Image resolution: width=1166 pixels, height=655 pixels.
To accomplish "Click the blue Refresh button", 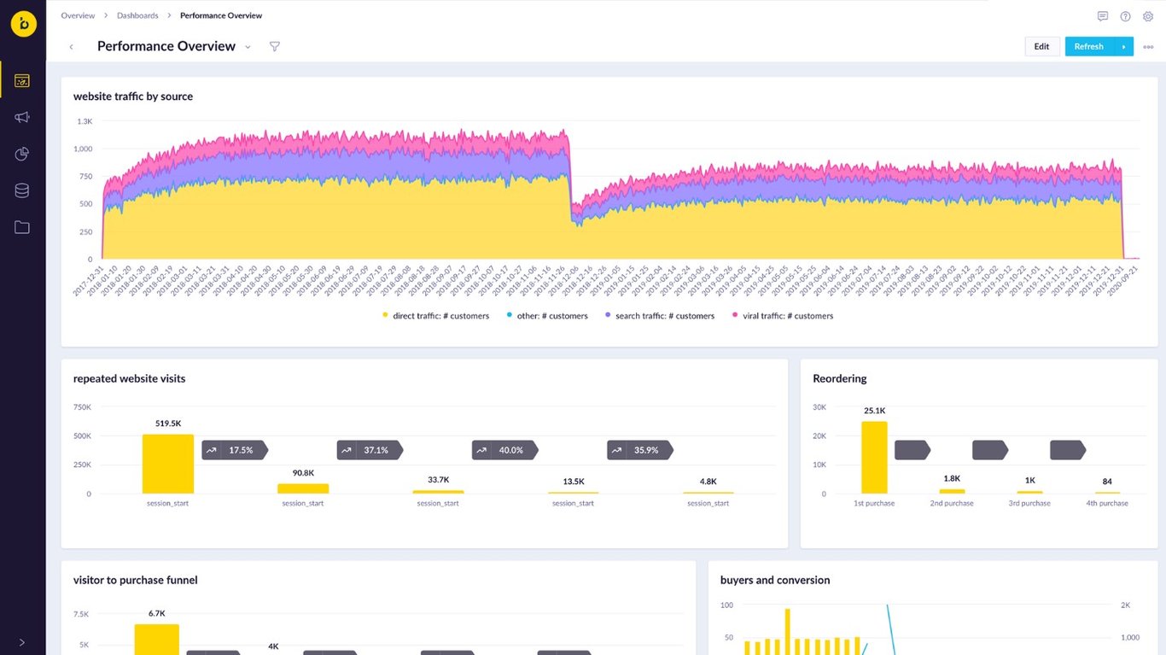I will (1088, 47).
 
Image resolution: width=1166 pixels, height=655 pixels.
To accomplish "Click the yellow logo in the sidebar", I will (23, 24).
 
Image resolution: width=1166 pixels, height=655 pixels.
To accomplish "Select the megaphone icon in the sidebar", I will (22, 117).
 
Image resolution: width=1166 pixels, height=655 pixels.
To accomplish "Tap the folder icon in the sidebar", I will (22, 227).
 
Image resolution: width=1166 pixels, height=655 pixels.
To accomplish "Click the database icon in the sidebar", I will (22, 190).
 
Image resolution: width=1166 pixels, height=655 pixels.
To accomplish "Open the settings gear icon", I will (1148, 16).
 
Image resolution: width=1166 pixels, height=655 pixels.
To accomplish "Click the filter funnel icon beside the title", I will (274, 47).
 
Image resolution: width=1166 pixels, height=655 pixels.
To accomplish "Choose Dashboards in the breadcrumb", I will (137, 15).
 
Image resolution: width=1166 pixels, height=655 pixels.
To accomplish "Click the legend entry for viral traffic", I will (783, 316).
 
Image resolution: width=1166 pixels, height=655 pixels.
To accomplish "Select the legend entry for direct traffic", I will (435, 316).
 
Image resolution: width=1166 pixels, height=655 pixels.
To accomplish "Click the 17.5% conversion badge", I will (235, 450).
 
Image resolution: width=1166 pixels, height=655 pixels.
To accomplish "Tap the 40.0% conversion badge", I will (504, 450).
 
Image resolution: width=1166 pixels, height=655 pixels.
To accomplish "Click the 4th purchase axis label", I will (1107, 504).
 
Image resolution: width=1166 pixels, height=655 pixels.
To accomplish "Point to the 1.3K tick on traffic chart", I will (84, 122).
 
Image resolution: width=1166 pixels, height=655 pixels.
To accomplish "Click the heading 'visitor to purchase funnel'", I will (135, 580).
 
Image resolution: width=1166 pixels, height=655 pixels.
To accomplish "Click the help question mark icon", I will (1125, 16).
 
